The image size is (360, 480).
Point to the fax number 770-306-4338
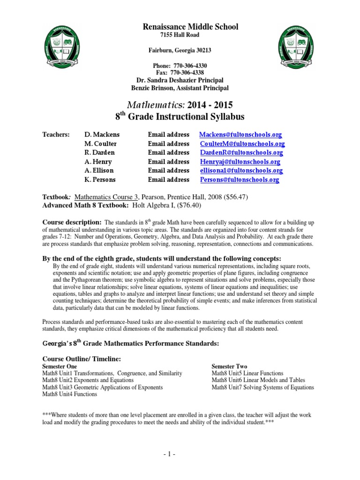tap(190, 73)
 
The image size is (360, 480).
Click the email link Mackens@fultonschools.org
tap(240, 135)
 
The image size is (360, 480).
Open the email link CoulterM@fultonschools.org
tap(242, 144)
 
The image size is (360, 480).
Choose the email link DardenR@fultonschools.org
tap(241, 153)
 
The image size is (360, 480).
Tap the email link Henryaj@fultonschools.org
tap(240, 162)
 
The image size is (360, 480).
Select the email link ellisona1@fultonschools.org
tap(241, 171)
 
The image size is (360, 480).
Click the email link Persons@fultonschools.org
tap(239, 180)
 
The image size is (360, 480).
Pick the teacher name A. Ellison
tap(99, 171)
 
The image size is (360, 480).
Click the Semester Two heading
tap(229, 366)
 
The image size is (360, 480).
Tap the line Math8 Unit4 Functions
tap(70, 394)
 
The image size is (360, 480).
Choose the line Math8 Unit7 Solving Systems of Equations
tap(262, 387)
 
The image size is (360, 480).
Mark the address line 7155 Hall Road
tap(180, 35)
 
